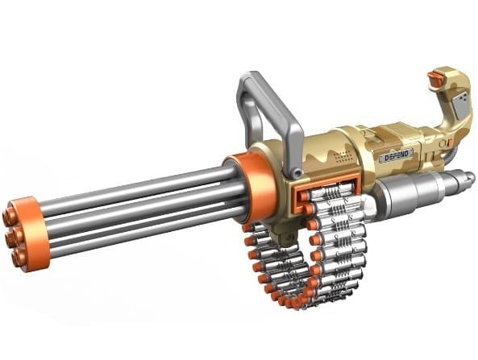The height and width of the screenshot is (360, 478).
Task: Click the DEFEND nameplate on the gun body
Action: pos(395,154)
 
